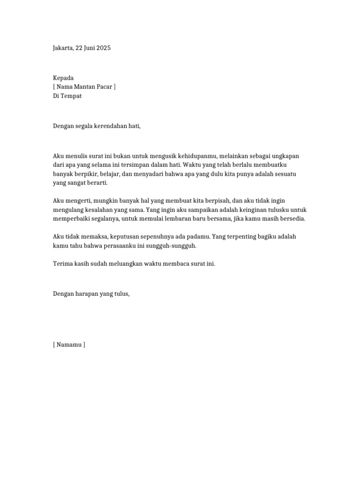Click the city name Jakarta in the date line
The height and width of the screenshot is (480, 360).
[x=62, y=48]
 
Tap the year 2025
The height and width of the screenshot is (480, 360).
[x=103, y=48]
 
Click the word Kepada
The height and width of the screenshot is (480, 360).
[x=63, y=78]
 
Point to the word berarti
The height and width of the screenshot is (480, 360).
[x=97, y=182]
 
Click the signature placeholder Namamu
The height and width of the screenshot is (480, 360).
[x=69, y=345]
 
